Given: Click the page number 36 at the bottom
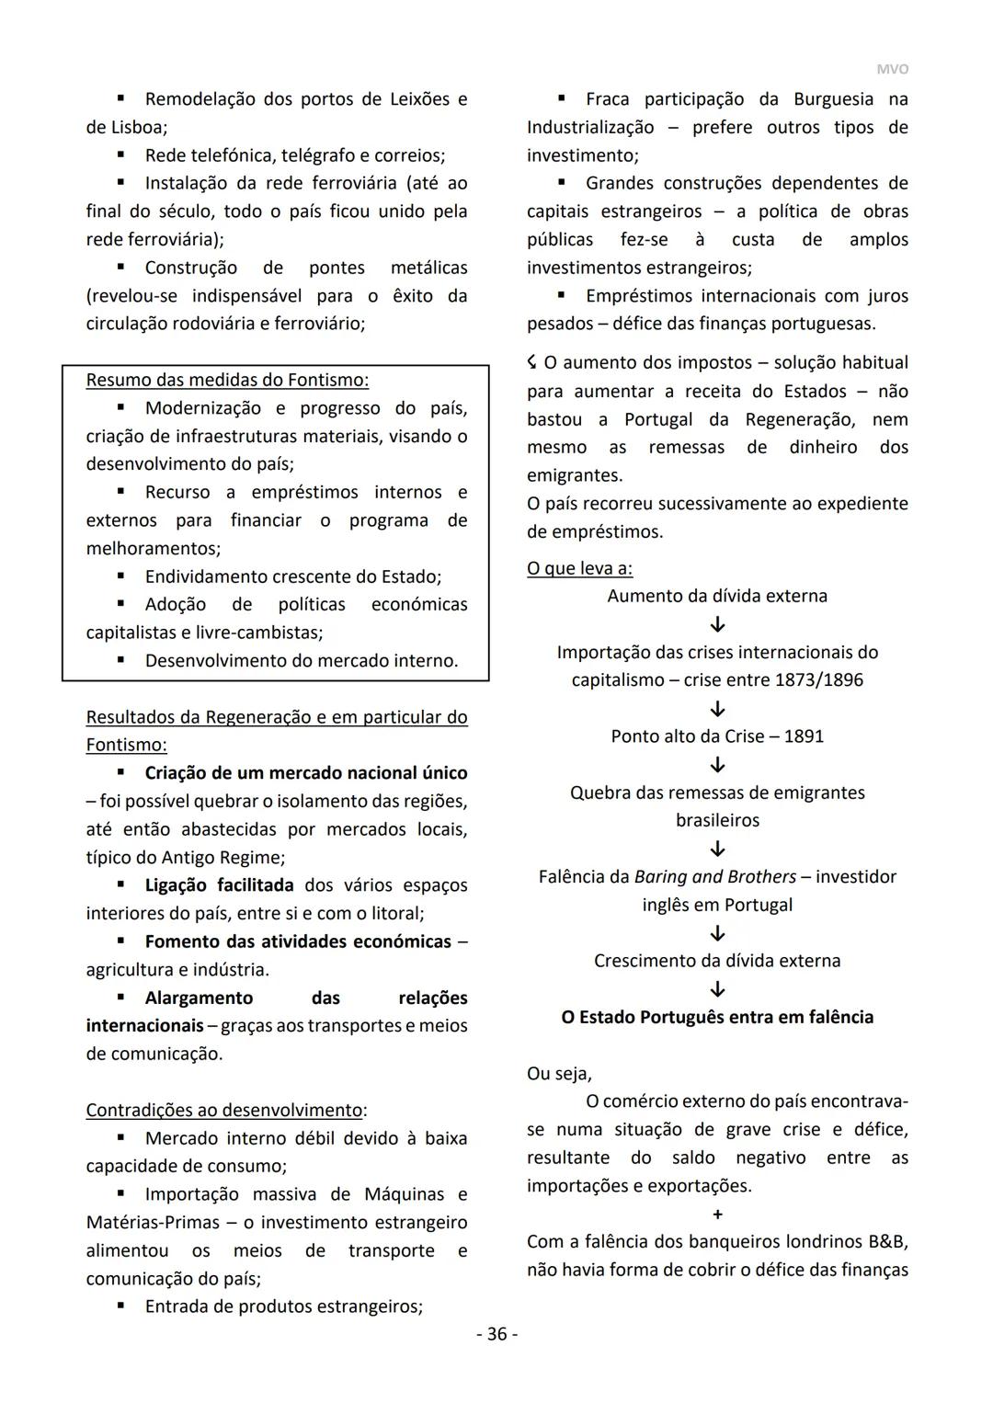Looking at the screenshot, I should click(x=496, y=1334).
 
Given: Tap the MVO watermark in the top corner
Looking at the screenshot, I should click(x=892, y=69).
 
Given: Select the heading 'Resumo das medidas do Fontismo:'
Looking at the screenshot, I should click(x=227, y=380).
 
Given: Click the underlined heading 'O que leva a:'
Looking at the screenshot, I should click(x=579, y=568).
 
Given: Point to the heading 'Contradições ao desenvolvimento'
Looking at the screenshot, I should click(x=224, y=1110).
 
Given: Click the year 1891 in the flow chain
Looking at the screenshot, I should click(x=804, y=736).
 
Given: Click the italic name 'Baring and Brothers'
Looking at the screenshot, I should click(x=714, y=877).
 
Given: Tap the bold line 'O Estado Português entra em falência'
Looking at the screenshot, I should click(x=717, y=1017).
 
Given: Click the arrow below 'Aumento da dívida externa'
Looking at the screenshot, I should click(x=718, y=625).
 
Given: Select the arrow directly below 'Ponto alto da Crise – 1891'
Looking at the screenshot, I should click(x=718, y=765).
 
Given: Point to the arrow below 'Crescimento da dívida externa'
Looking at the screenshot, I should click(x=718, y=989).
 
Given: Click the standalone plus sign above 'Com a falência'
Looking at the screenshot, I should click(x=718, y=1215).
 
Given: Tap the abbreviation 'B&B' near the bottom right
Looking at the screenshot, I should click(x=887, y=1242).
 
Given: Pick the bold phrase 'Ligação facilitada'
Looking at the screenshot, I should click(x=219, y=885).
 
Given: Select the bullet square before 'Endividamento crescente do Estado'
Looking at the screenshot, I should click(x=120, y=576).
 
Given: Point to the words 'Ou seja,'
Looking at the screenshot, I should click(x=559, y=1074).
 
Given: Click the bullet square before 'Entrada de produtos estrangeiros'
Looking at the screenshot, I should click(x=120, y=1306).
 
